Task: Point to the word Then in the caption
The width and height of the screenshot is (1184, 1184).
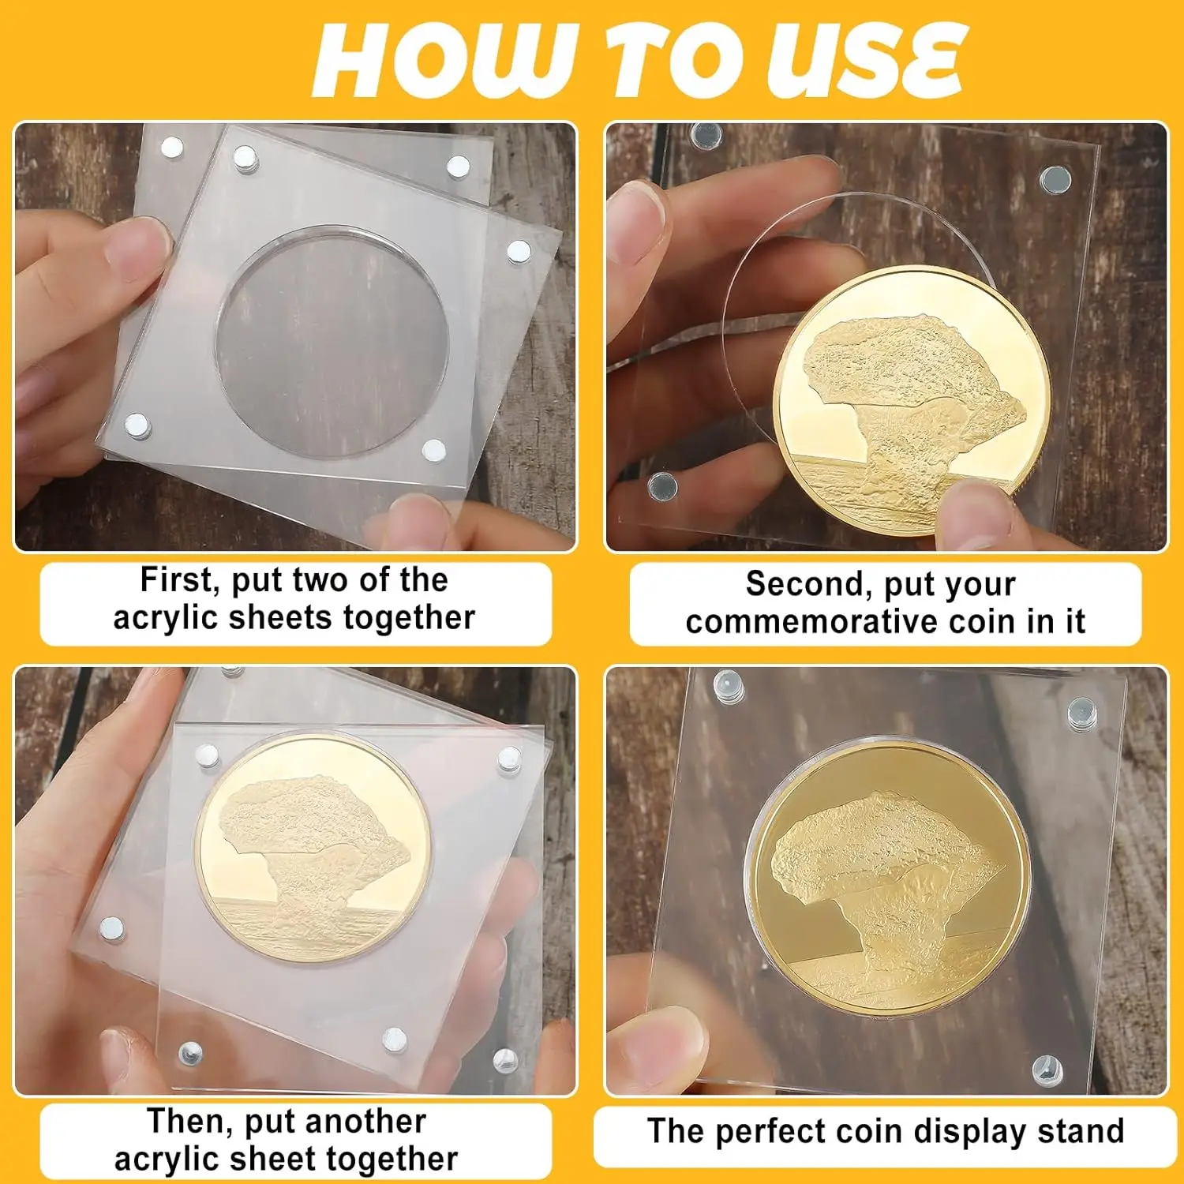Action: (x=186, y=1122)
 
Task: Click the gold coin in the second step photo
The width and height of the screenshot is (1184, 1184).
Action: (x=912, y=399)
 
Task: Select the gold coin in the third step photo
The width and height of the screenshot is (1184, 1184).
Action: (x=314, y=849)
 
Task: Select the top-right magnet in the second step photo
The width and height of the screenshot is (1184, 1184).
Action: (x=1054, y=180)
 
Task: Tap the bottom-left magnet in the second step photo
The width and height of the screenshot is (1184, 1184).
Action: (x=661, y=486)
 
